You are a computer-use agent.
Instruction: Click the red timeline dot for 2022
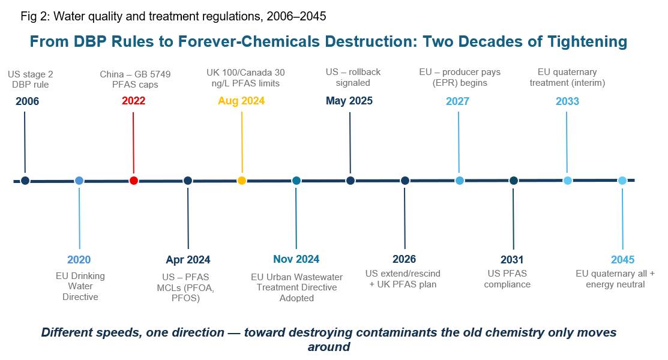(x=134, y=180)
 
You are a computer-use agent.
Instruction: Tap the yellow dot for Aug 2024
(x=241, y=180)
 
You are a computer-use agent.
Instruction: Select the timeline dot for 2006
(x=25, y=181)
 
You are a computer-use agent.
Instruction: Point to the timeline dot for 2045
(x=622, y=181)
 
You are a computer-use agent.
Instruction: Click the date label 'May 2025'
(x=349, y=101)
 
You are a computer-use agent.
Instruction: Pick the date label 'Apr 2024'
(x=188, y=259)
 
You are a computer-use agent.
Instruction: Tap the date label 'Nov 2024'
(x=296, y=259)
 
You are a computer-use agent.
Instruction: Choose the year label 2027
(x=457, y=101)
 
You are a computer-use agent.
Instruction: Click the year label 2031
(x=512, y=259)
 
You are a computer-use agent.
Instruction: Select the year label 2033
(x=567, y=101)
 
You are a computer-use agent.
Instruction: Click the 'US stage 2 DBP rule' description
(x=30, y=79)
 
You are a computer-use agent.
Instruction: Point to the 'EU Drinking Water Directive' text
(x=80, y=286)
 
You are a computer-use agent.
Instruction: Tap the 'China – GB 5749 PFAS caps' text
(x=135, y=79)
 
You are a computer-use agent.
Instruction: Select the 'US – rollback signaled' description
(x=353, y=77)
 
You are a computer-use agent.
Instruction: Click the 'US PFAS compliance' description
(x=507, y=278)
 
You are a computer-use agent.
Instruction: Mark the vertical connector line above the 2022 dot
(x=133, y=142)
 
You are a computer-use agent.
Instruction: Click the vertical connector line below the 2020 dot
(x=79, y=218)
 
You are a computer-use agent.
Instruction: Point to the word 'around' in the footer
(x=329, y=347)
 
